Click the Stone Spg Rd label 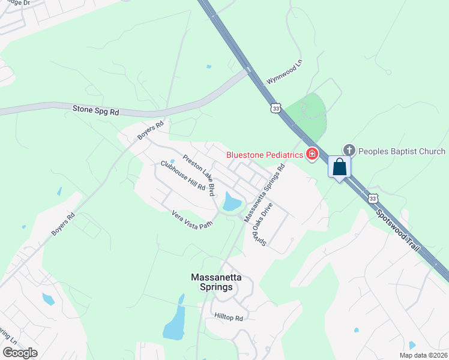point(96,110)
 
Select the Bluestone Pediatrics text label point(265,155)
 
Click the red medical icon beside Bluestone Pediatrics point(312,155)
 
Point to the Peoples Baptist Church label point(402,151)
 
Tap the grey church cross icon point(349,150)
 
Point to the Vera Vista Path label point(192,219)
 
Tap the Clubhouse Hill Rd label point(183,176)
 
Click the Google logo point(20,353)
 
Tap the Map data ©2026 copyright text point(422,355)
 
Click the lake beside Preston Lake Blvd point(231,202)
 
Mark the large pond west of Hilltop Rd point(174,324)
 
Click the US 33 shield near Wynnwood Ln point(276,108)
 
